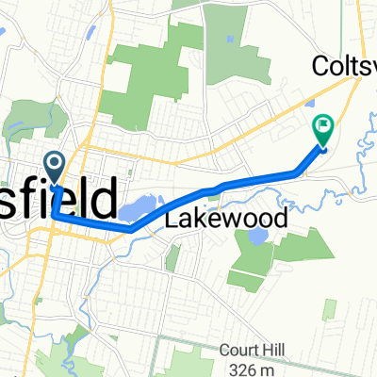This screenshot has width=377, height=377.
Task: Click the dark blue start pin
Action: (x=55, y=167)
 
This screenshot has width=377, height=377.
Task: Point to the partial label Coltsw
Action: (x=343, y=66)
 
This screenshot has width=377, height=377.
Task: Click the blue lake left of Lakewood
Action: (x=137, y=206)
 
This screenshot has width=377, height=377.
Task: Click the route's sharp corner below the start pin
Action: (x=54, y=216)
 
